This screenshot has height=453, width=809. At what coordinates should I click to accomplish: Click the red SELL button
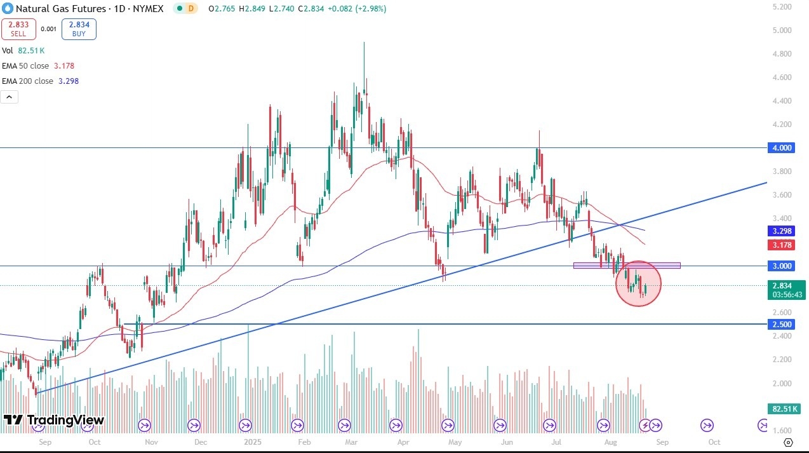pos(18,29)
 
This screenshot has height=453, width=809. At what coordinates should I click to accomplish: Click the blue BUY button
pos(79,29)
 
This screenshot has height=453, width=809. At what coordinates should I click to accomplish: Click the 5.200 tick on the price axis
pos(783,7)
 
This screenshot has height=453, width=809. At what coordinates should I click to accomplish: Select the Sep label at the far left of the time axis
pos(45,441)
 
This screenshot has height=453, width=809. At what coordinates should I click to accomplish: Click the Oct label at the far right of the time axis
pos(714,441)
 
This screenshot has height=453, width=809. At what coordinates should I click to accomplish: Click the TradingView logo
pos(54,420)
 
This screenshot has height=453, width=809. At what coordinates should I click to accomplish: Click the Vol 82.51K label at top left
pos(23,50)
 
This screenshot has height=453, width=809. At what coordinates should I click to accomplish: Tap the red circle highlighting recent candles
pos(639,283)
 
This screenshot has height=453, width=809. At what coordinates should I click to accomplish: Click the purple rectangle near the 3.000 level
pos(627,265)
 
